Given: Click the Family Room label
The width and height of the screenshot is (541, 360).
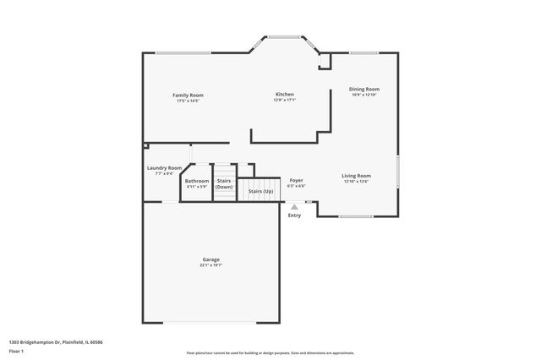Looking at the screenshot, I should (x=188, y=95).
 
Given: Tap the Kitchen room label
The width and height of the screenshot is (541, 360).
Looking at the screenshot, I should (x=284, y=94).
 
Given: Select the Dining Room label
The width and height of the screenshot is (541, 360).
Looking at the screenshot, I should (x=364, y=89).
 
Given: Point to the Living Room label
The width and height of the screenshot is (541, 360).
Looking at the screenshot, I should (x=356, y=175).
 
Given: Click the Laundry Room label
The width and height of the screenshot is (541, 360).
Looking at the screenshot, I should (x=164, y=168).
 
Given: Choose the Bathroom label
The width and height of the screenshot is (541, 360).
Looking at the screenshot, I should (x=197, y=180).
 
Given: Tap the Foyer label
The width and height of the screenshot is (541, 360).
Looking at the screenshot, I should (x=296, y=180).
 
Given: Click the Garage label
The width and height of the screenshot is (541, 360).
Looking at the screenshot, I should (x=210, y=259).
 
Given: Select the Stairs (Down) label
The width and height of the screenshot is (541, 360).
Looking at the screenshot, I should (x=224, y=183).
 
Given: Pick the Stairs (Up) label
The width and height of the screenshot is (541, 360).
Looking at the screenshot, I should (x=260, y=191).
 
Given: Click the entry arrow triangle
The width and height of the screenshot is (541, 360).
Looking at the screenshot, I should (x=294, y=205).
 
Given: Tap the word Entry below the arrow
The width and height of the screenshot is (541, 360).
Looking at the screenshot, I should (x=294, y=215).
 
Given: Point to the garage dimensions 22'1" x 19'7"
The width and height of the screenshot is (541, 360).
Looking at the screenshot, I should (x=210, y=265).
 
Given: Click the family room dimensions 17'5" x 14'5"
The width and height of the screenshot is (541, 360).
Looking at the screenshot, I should (x=188, y=101).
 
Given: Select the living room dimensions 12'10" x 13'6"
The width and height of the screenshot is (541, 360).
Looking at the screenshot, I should (x=356, y=181).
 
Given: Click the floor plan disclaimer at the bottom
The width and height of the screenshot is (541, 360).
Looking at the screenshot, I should (x=270, y=352).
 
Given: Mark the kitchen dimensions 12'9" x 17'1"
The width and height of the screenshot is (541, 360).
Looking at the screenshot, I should (x=284, y=100).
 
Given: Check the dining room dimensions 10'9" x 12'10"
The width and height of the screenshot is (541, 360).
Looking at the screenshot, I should (x=364, y=95).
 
